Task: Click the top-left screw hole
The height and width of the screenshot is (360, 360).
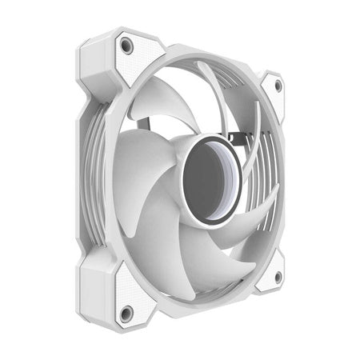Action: pyautogui.click(x=126, y=45)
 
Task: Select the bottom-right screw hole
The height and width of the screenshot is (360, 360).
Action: pyautogui.click(x=278, y=277)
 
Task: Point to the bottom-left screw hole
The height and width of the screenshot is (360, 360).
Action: pyautogui.click(x=126, y=313)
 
